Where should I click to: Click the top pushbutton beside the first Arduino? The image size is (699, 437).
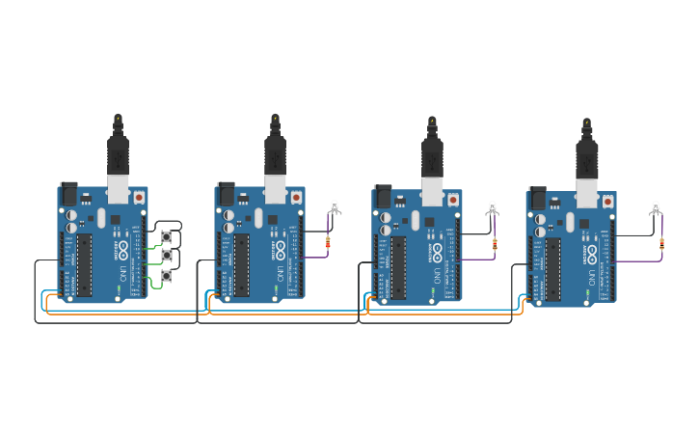tap(167, 236)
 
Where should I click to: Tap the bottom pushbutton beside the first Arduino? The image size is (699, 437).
tap(167, 276)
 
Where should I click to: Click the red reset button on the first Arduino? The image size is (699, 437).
tap(139, 197)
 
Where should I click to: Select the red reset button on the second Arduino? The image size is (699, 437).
tap(296, 197)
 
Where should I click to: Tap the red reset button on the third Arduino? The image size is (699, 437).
tap(453, 200)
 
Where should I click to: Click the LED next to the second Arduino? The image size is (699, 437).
tap(335, 206)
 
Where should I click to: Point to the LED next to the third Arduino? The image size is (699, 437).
tap(492, 207)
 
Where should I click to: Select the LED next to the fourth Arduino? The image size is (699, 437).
tap(656, 207)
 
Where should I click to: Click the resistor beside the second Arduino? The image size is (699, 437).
tap(328, 243)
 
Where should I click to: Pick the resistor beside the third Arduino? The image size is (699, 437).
tap(495, 244)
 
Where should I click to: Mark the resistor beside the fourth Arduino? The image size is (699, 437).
tap(661, 243)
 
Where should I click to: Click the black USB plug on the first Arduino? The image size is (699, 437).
tap(118, 155)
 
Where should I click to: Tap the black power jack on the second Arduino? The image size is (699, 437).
tap(227, 193)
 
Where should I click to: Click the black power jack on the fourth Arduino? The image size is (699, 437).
tap(537, 198)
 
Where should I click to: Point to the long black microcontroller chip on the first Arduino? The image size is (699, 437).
tap(84, 262)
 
